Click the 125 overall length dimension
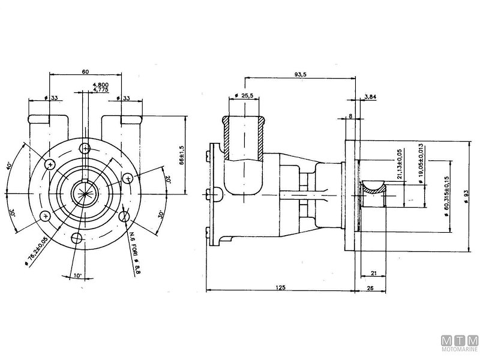[x=280, y=287]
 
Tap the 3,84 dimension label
[x=370, y=97]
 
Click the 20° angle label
[x=170, y=179]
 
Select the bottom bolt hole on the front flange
[x=77, y=238]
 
